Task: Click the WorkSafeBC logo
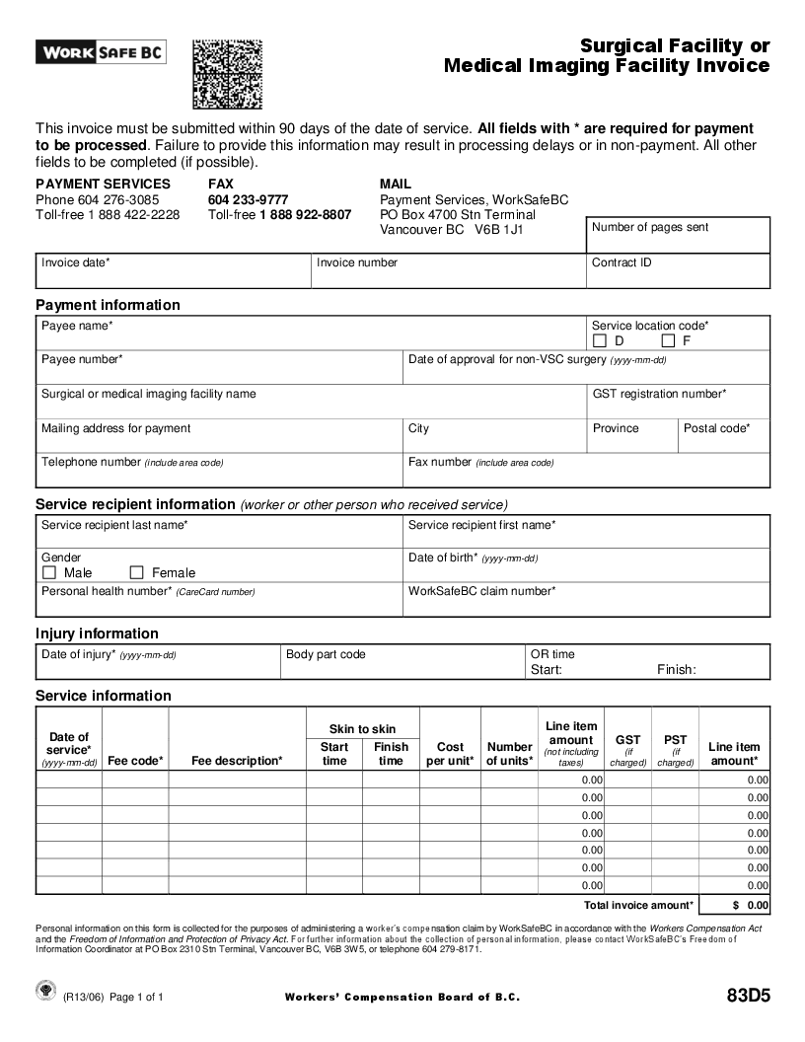(101, 51)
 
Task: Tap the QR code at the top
(227, 74)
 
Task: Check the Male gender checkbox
(49, 572)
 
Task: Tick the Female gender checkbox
(137, 572)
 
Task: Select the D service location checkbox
(600, 341)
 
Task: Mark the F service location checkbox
(668, 341)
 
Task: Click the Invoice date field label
(76, 263)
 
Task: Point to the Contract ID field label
(622, 263)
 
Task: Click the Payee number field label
(82, 360)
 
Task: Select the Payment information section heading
(108, 305)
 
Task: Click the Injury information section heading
(97, 633)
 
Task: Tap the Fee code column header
(135, 761)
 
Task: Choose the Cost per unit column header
(450, 754)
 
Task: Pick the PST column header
(676, 740)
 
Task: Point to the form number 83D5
(748, 995)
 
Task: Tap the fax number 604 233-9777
(248, 199)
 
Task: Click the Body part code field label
(326, 654)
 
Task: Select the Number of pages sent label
(650, 228)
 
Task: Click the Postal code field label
(716, 428)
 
